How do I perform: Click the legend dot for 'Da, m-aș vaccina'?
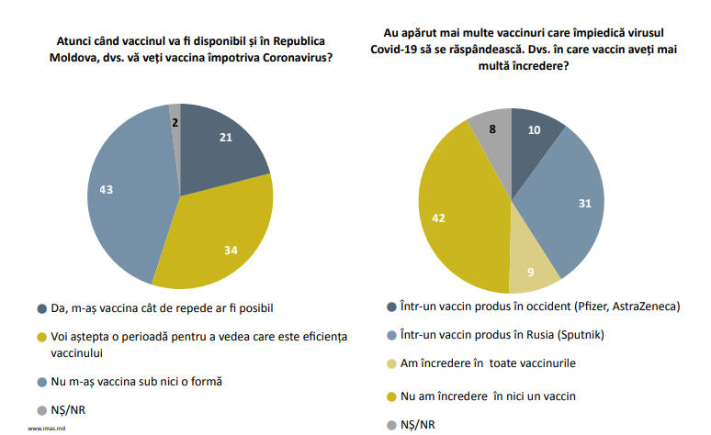(42, 307)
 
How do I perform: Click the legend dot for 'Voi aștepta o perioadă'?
(42, 338)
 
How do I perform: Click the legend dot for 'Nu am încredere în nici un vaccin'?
(394, 396)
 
